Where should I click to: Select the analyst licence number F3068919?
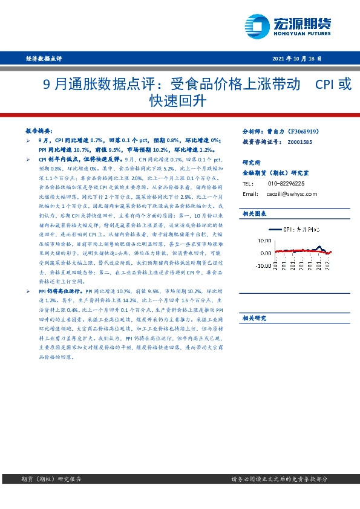tap(307, 131)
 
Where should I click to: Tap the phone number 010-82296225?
tap(286, 183)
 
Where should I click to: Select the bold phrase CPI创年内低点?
tap(58, 157)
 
